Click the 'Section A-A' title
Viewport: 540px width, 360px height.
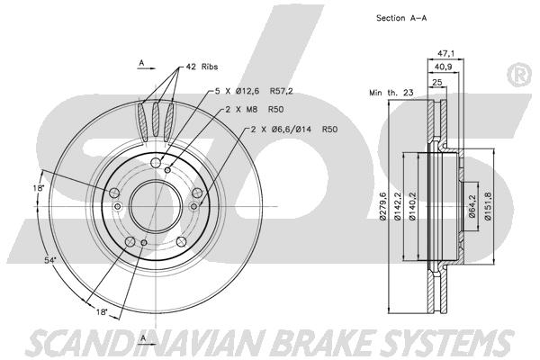coord(401,18)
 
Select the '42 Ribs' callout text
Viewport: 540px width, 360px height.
coord(202,67)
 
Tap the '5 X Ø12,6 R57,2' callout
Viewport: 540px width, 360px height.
coord(254,91)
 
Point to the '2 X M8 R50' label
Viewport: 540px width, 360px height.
coord(254,110)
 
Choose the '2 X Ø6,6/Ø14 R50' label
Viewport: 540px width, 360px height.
coord(294,130)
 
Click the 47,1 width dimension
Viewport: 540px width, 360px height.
coord(446,53)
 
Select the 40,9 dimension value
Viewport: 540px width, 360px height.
coord(443,67)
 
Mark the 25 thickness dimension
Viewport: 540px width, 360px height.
coord(437,82)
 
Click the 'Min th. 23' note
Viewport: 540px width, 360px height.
coord(391,93)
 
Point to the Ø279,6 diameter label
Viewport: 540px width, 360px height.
coord(383,206)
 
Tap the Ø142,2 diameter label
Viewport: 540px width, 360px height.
coord(398,206)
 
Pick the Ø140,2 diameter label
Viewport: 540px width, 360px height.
coord(413,206)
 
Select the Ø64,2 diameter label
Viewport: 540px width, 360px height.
coord(472,206)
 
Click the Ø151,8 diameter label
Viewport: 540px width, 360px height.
coord(488,206)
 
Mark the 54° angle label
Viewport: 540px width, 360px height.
coord(50,261)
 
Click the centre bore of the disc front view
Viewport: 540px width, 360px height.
coord(156,206)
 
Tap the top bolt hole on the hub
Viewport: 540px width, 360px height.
coord(156,163)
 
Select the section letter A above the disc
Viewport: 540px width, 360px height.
coord(141,63)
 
